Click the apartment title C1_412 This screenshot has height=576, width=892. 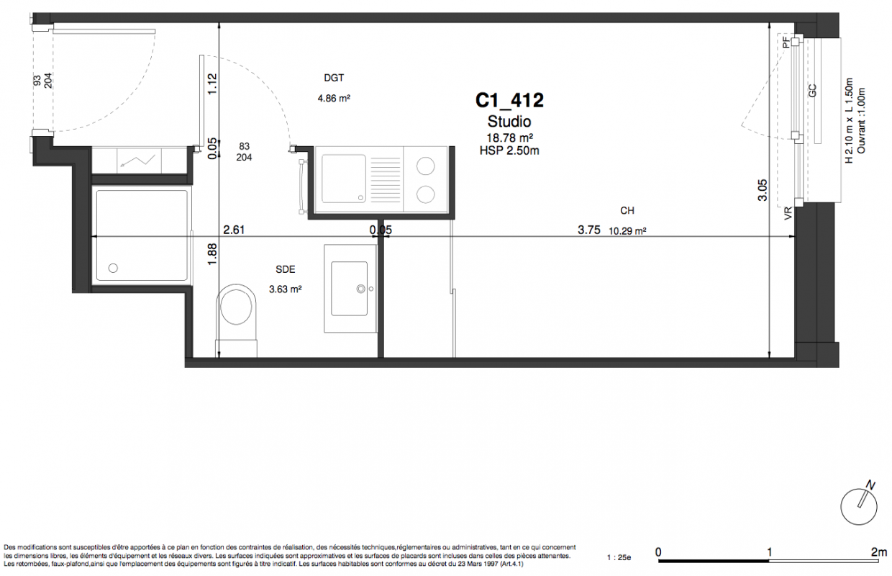tap(509, 100)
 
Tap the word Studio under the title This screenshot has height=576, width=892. tap(509, 121)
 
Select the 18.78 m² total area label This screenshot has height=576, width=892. tap(509, 138)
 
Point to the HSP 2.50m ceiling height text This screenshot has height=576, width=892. tap(509, 150)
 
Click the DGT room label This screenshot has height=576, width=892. tap(334, 78)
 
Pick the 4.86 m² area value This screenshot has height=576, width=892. tap(334, 98)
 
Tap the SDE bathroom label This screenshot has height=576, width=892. tap(286, 269)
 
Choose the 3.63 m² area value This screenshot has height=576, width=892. tap(285, 289)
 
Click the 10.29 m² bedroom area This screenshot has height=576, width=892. tap(627, 231)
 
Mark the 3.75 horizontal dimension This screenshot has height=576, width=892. tap(589, 230)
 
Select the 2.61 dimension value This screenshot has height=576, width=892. tap(234, 230)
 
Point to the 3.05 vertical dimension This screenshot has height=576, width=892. tap(763, 190)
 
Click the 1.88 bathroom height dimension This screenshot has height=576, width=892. tap(212, 254)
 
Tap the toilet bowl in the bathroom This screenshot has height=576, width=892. tap(237, 306)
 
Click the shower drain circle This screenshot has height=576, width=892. tap(113, 269)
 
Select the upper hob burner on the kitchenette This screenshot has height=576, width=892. tap(425, 166)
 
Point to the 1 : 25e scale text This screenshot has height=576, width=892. tap(619, 558)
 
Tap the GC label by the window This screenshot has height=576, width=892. tap(813, 91)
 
